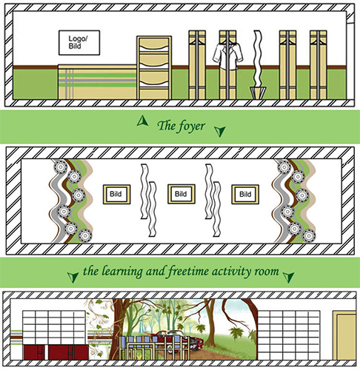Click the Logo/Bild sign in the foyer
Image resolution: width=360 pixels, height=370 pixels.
point(79,43)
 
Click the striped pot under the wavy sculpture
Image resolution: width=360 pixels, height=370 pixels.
point(258,92)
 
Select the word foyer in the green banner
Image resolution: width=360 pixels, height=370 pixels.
point(192,127)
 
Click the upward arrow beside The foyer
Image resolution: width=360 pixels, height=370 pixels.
point(142,121)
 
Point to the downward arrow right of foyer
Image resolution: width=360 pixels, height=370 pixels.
point(219,131)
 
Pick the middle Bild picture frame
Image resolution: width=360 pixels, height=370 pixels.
point(181,194)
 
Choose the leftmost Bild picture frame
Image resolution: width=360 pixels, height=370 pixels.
point(116,194)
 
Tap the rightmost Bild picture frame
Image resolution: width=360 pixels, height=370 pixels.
point(245,195)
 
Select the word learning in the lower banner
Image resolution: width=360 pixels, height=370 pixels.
point(122,272)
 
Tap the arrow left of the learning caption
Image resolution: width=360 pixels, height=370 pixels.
point(73,277)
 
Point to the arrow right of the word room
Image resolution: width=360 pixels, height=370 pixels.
point(289,277)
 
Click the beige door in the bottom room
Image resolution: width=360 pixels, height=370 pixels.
point(344,336)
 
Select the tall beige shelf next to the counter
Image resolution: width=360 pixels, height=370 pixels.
point(154,67)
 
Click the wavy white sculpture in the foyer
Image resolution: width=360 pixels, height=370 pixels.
point(258,58)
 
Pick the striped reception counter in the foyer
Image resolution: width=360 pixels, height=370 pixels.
point(97,82)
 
